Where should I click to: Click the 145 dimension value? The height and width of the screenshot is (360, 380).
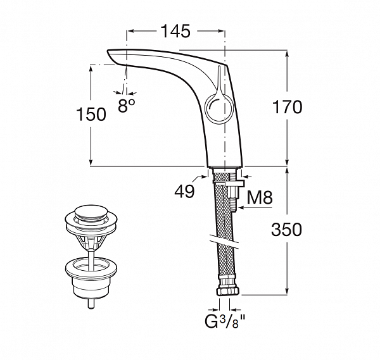tap(175, 31)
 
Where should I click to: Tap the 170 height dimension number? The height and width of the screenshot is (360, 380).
tap(287, 107)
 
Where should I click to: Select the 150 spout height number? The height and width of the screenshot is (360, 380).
tap(91, 115)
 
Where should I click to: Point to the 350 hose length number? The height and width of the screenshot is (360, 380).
tap(287, 230)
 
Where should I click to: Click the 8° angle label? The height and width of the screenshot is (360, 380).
tap(126, 106)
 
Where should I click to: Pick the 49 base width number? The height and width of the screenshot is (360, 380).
tap(184, 191)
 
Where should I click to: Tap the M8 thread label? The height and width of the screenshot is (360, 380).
tap(260, 197)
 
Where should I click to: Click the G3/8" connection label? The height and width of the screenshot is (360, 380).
tap(225, 321)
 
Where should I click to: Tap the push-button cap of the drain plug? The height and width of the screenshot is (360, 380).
tap(91, 213)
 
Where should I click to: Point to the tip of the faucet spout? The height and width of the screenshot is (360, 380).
tap(108, 51)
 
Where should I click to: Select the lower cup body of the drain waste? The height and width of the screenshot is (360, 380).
tap(91, 278)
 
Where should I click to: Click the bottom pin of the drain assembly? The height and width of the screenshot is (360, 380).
tap(91, 304)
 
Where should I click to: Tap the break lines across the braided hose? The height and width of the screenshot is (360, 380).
tap(225, 241)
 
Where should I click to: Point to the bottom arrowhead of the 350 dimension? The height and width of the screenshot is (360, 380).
tap(288, 291)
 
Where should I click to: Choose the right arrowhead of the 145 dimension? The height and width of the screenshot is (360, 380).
tap(222, 31)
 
